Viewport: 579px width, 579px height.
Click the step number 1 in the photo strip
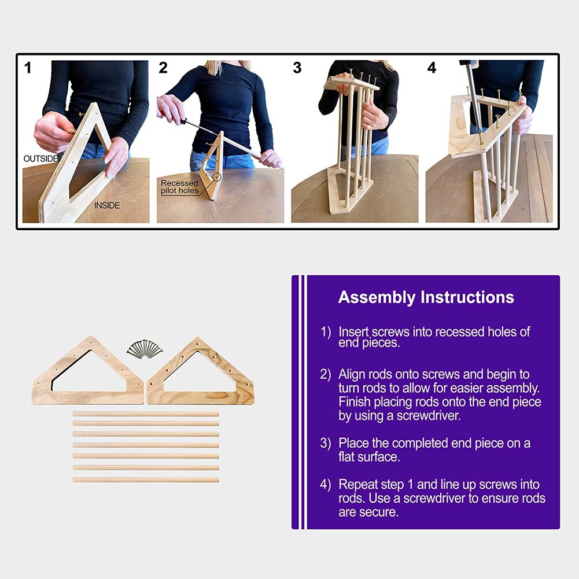tap(28, 68)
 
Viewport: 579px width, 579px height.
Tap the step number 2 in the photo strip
tap(163, 68)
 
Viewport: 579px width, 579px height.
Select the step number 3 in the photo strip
tap(297, 68)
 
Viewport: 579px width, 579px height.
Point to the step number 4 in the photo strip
tap(432, 68)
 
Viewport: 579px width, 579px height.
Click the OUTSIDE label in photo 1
tap(40, 159)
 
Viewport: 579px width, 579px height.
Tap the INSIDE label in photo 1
tap(106, 205)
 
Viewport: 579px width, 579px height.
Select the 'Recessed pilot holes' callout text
tap(179, 187)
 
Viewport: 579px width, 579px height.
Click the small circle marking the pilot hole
tap(217, 177)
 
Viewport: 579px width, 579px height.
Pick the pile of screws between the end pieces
tap(145, 349)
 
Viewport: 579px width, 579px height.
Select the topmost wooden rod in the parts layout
tap(146, 414)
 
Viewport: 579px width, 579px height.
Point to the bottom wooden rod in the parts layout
tap(146, 480)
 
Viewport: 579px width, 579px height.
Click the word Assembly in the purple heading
tap(377, 298)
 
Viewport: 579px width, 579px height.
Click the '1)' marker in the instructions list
tap(325, 332)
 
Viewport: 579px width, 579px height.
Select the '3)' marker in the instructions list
tap(325, 443)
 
